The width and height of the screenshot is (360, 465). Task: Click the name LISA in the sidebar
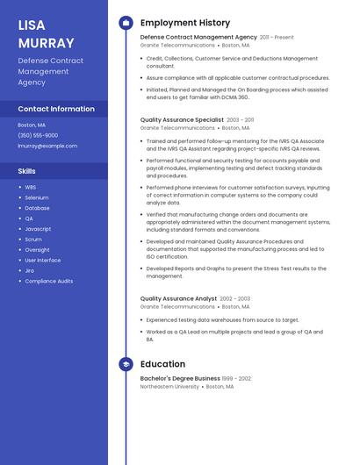click(32, 25)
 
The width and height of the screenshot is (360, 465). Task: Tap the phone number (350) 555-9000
click(38, 135)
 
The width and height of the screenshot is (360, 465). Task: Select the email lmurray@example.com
click(47, 146)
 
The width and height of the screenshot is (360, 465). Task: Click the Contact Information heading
click(56, 109)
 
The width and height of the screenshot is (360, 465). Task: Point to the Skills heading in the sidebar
click(27, 171)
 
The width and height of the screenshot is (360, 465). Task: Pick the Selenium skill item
click(37, 197)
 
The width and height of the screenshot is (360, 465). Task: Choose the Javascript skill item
click(38, 229)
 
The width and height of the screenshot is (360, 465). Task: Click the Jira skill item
click(29, 270)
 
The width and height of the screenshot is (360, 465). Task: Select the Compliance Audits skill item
click(49, 281)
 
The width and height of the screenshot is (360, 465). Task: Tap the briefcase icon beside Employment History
click(126, 23)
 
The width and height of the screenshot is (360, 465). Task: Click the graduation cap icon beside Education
click(126, 364)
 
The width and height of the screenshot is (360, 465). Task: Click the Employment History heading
click(185, 23)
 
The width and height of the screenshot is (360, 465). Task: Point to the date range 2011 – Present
click(277, 38)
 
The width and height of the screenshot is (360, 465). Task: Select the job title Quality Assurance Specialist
click(182, 119)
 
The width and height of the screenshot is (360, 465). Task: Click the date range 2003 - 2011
click(241, 119)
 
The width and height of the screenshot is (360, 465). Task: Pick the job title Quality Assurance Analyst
click(178, 298)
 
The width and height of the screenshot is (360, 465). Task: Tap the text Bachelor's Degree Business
click(180, 378)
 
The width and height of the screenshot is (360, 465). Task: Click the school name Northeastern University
click(169, 386)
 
